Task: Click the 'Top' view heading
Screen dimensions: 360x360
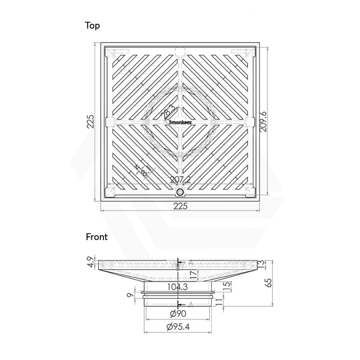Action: pyautogui.click(x=93, y=26)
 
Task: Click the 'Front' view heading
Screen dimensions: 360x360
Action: pyautogui.click(x=97, y=237)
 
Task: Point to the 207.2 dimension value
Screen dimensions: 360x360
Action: pyautogui.click(x=180, y=180)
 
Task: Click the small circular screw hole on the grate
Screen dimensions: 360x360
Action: pyautogui.click(x=180, y=192)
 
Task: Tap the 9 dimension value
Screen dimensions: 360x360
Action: pyautogui.click(x=129, y=295)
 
